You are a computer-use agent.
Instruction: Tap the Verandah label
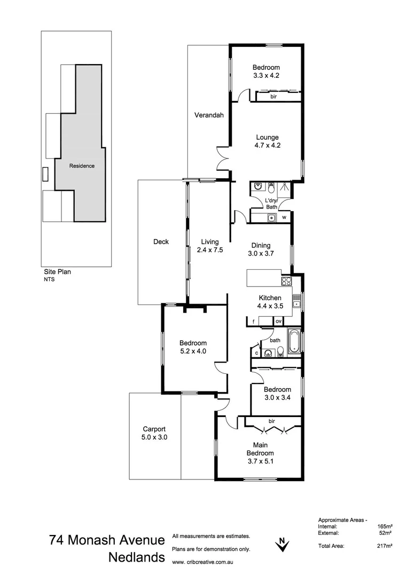tap(209, 115)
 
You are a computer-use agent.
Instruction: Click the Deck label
tap(161, 242)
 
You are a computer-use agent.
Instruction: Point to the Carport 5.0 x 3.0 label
tap(154, 433)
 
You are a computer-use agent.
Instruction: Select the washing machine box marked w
tap(284, 218)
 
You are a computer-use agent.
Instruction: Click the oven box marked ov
tap(279, 321)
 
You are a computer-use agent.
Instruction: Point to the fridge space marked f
tap(253, 321)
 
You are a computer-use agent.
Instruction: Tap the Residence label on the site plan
tap(82, 166)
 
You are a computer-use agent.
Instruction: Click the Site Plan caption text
tap(57, 271)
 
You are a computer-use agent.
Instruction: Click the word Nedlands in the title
tap(136, 558)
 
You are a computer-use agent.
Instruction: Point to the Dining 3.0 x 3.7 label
tap(262, 250)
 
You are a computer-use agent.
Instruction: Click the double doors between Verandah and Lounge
tap(222, 158)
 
